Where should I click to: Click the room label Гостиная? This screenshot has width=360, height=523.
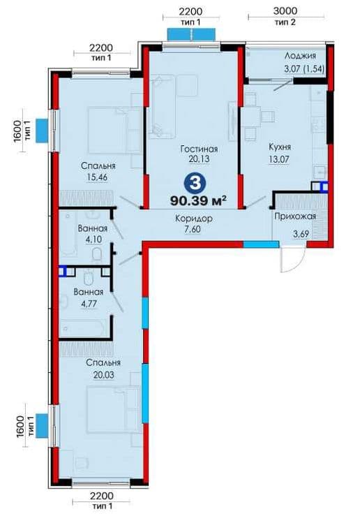199,149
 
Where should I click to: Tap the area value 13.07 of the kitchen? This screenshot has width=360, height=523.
279,159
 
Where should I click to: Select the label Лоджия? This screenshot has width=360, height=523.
300,56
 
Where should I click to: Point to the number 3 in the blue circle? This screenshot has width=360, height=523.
195,183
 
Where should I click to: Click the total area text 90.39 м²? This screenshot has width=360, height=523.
199,200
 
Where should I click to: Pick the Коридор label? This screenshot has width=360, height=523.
194,219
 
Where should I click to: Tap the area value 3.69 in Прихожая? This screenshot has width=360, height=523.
301,234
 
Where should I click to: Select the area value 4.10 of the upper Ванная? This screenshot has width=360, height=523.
93,239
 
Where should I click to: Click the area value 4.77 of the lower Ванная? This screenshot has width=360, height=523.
89,304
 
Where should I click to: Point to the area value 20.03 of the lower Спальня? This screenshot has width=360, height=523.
103,374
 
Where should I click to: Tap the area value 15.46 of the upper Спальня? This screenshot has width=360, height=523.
97,177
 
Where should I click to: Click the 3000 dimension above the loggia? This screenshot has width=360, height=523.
285,10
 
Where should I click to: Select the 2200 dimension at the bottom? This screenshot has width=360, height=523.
102,496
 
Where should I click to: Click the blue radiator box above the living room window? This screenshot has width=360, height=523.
191,34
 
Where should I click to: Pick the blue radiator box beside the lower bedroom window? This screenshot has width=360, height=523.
42,425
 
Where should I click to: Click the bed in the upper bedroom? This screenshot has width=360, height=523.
113,130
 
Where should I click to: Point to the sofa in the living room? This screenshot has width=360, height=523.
161,107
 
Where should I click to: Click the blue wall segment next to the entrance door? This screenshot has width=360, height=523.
261,244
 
